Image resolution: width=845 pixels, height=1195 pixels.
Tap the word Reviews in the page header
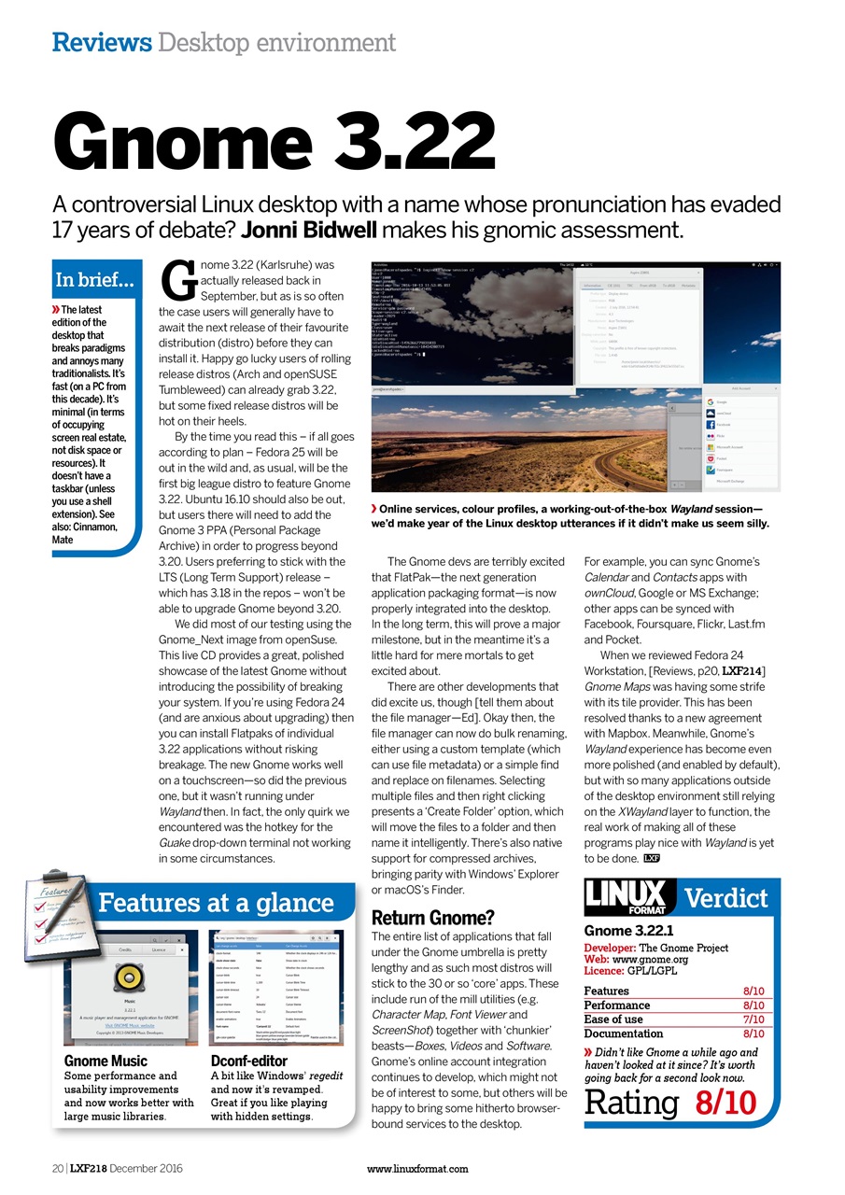click(x=102, y=42)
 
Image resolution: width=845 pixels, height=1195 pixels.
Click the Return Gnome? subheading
click(x=432, y=917)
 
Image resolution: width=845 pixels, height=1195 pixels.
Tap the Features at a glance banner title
click(x=216, y=903)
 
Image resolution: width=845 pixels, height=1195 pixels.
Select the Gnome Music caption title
click(x=106, y=1061)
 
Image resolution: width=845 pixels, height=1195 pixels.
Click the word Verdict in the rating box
click(x=726, y=898)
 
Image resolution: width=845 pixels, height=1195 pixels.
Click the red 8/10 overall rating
click(x=725, y=1102)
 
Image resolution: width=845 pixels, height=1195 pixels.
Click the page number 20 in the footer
click(x=57, y=1168)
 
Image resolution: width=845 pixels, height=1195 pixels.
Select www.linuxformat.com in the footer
click(x=417, y=1168)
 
